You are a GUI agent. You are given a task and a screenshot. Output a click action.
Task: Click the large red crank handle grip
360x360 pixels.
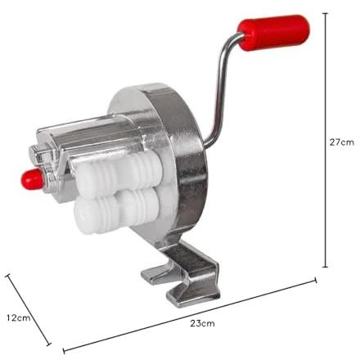click(x=273, y=33)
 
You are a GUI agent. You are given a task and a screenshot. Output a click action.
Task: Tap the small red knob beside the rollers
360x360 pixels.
click(x=31, y=179)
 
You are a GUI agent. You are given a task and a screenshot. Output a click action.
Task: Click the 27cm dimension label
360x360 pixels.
click(x=341, y=142)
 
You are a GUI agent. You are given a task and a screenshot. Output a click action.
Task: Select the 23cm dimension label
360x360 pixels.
click(x=202, y=323)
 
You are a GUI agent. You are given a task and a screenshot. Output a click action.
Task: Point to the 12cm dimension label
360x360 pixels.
click(x=19, y=317)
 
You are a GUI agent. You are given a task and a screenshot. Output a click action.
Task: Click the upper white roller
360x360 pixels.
click(x=119, y=171)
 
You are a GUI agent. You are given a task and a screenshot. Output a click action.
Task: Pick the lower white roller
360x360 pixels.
click(x=117, y=210)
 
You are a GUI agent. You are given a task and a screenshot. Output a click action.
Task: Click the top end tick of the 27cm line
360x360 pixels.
click(x=325, y=13)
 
